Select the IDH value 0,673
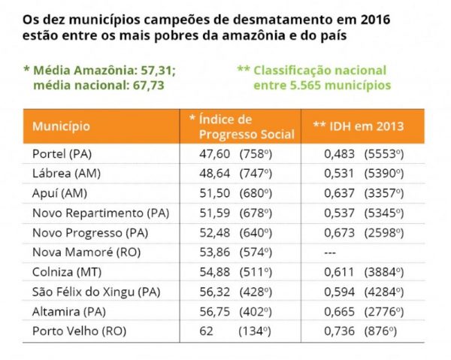coord(339,231)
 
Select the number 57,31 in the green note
coord(159,71)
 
